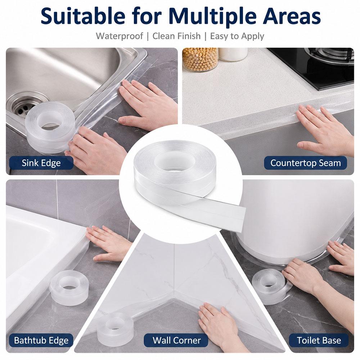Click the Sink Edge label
click(41, 163)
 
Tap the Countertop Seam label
click(305, 163)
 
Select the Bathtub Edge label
click(41, 340)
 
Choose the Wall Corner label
click(176, 340)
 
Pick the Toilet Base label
click(319, 340)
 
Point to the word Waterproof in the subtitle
click(120, 36)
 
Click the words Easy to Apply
click(237, 36)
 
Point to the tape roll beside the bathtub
click(66, 288)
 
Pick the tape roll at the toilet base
click(269, 286)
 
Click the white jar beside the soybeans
click(233, 54)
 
